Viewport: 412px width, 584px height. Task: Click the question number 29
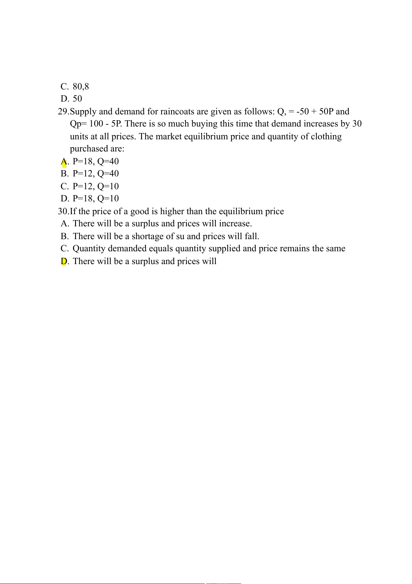pyautogui.click(x=63, y=112)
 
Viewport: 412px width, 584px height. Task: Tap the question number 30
pyautogui.click(x=63, y=211)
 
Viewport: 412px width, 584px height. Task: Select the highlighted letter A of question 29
pyautogui.click(x=64, y=162)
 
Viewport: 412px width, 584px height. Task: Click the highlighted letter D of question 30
pyautogui.click(x=64, y=261)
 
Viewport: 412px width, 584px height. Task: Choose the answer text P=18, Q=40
pyautogui.click(x=95, y=162)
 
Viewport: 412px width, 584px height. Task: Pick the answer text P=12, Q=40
pyautogui.click(x=95, y=174)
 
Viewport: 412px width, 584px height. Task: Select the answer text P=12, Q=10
pyautogui.click(x=95, y=186)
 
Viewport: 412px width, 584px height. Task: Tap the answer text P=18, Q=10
pyautogui.click(x=95, y=199)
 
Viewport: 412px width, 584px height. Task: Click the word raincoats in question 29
pyautogui.click(x=177, y=112)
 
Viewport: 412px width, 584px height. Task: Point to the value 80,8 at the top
pyautogui.click(x=81, y=87)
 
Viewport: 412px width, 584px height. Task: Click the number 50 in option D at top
pyautogui.click(x=77, y=99)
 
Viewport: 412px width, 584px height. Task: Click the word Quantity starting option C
pyautogui.click(x=89, y=249)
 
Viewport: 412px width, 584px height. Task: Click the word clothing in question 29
pyautogui.click(x=326, y=137)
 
